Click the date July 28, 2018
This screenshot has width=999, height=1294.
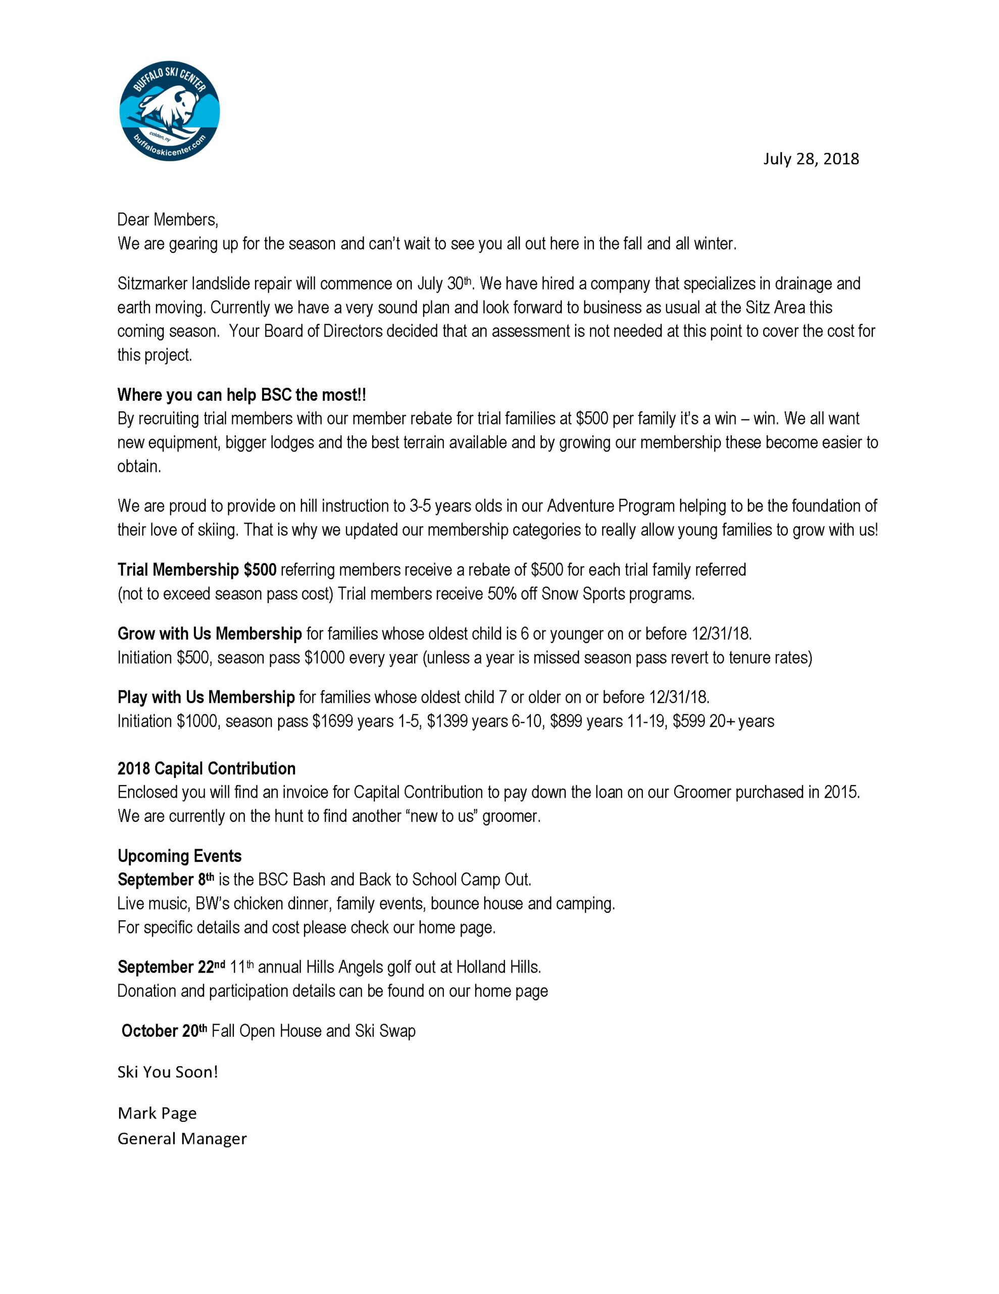[810, 159]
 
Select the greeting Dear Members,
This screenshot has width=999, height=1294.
[168, 220]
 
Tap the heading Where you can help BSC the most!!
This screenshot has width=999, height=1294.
[241, 395]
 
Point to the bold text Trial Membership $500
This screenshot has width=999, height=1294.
[196, 570]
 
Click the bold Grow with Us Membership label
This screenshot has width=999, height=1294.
[210, 634]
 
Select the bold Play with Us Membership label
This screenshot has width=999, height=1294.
[206, 698]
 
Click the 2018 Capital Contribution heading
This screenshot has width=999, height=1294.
[206, 768]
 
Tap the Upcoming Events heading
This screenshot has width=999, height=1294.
[179, 856]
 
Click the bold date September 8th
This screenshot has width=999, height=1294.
[165, 880]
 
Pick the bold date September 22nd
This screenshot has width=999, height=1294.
[171, 967]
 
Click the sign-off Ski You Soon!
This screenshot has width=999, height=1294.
[168, 1072]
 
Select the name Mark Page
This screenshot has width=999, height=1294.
[157, 1113]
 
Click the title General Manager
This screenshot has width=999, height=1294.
[182, 1139]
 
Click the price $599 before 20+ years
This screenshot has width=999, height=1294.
[688, 722]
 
